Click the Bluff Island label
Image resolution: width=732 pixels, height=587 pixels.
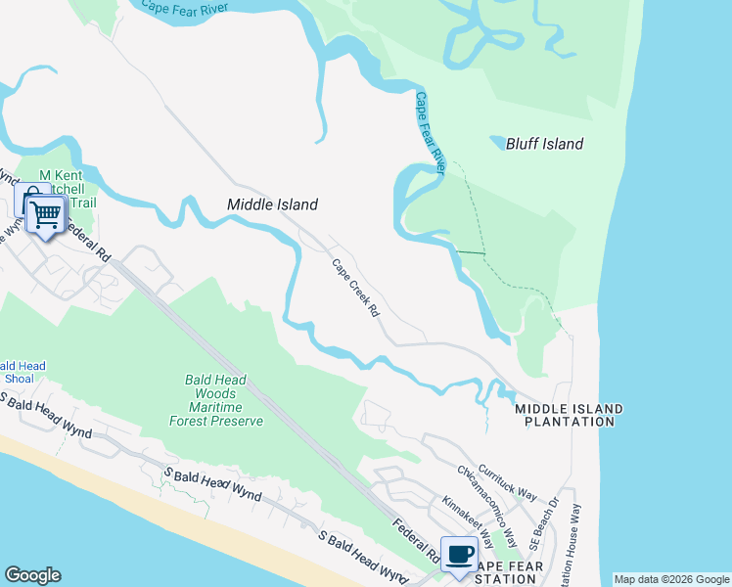[544, 145]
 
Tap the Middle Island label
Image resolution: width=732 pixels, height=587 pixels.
[272, 204]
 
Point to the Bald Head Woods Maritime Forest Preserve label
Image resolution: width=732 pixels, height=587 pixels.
[224, 400]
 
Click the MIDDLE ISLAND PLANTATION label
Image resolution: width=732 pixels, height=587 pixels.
[569, 415]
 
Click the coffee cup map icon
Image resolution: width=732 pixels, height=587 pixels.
[459, 555]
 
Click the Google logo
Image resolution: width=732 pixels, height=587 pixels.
[32, 575]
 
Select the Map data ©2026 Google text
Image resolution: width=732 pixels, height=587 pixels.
[671, 579]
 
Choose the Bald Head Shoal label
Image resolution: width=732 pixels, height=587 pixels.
[19, 373]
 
